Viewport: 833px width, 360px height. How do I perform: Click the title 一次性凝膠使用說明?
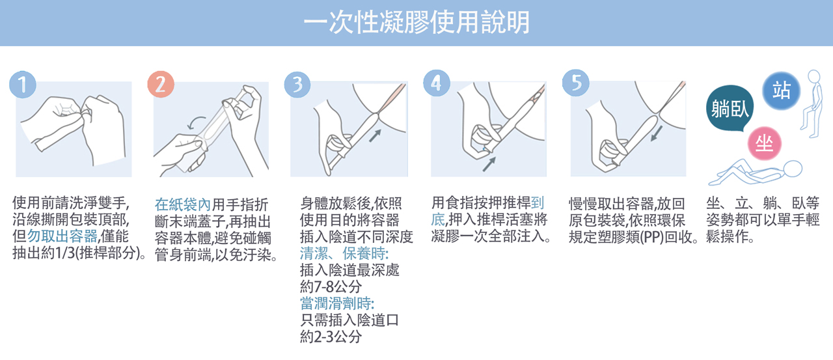pos(416,22)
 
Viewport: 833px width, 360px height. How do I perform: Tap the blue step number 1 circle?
pos(23,85)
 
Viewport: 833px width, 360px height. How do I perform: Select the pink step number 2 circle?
pos(161,85)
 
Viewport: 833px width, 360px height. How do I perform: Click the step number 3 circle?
pos(297,85)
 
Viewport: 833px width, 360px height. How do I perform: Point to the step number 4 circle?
pos(437,83)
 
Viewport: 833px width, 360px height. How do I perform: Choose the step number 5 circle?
pos(576,83)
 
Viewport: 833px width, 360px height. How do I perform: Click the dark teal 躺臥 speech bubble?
pos(730,108)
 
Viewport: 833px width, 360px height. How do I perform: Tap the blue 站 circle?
pos(782,90)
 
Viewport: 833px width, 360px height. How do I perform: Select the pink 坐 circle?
pos(765,143)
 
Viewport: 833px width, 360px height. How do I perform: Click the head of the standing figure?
pos(814,76)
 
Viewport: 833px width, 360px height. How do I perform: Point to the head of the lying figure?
pos(793,169)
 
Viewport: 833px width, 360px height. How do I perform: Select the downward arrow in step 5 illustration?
pos(657,133)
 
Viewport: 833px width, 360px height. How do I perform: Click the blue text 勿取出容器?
pos(62,236)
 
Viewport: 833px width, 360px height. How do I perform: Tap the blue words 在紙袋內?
pos(183,204)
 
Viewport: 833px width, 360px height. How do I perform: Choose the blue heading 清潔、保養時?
pos(344,254)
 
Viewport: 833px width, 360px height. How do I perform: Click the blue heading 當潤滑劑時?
pos(337,303)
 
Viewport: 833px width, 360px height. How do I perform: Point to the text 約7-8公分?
pos(331,286)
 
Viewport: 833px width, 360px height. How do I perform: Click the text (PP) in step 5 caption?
pos(652,237)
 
